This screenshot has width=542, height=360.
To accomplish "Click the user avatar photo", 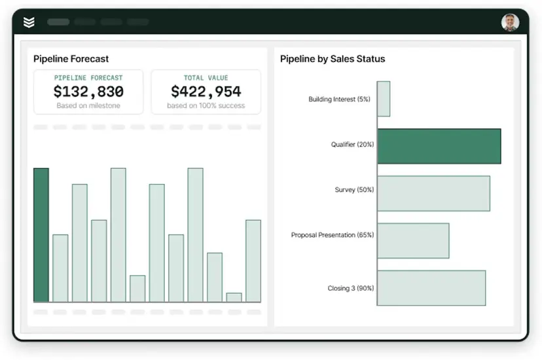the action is [510, 22].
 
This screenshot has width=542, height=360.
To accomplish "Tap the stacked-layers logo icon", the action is [29, 22].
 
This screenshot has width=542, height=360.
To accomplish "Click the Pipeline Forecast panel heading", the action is [71, 59].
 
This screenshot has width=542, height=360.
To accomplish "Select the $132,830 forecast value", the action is [88, 92].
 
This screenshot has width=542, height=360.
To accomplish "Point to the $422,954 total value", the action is [206, 92].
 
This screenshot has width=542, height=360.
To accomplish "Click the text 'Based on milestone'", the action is [88, 106].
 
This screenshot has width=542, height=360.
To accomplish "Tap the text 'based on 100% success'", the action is [206, 106].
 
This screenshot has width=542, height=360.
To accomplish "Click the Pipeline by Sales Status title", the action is [333, 59].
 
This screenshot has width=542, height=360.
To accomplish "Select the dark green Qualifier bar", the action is [439, 146].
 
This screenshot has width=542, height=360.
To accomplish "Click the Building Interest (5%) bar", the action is [384, 99].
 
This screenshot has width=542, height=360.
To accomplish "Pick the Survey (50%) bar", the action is [433, 194].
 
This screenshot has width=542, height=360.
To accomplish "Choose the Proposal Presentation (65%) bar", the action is [413, 241].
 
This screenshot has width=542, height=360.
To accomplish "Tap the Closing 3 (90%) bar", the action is [431, 288].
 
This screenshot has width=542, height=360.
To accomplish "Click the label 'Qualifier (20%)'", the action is [353, 145].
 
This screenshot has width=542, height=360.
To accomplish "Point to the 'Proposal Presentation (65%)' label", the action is [333, 235].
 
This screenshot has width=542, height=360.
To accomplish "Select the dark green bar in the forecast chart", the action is [41, 235].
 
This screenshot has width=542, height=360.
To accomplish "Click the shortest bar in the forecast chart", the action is [234, 298].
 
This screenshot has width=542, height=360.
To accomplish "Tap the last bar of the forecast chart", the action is [253, 261].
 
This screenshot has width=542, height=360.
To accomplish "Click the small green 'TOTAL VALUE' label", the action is [206, 78].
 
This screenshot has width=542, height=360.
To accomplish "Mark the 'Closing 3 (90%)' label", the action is [351, 288].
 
